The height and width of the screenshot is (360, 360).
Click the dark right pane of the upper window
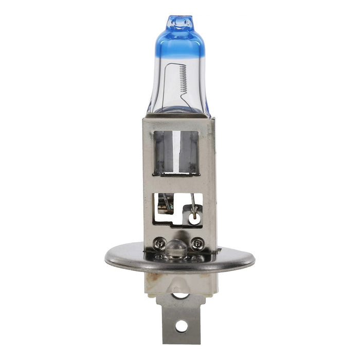point(191,152)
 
